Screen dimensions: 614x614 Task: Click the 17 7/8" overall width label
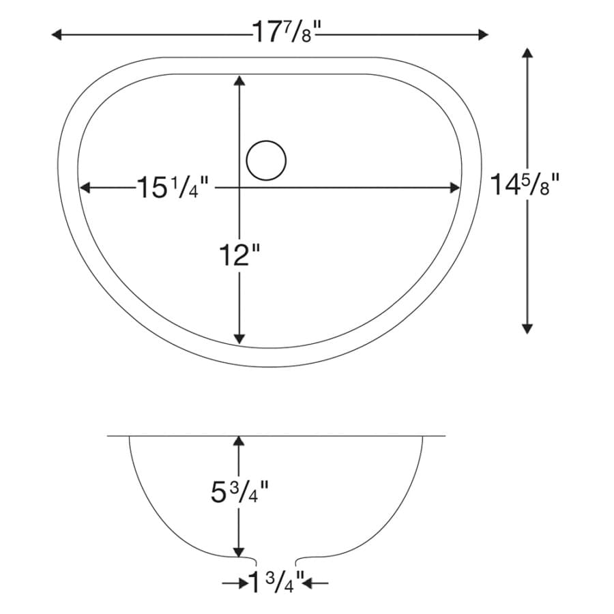(287, 32)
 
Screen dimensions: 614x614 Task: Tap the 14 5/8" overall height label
(525, 184)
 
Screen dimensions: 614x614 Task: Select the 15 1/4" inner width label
(173, 188)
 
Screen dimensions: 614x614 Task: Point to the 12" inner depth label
(239, 255)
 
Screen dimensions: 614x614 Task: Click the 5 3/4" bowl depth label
(239, 492)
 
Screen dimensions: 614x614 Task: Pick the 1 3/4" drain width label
(276, 583)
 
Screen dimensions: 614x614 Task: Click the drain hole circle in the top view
(266, 160)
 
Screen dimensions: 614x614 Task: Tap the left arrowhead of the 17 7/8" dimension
(57, 35)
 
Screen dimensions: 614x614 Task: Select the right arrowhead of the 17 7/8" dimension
(483, 35)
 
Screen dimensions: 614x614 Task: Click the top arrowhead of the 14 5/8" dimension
(527, 53)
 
